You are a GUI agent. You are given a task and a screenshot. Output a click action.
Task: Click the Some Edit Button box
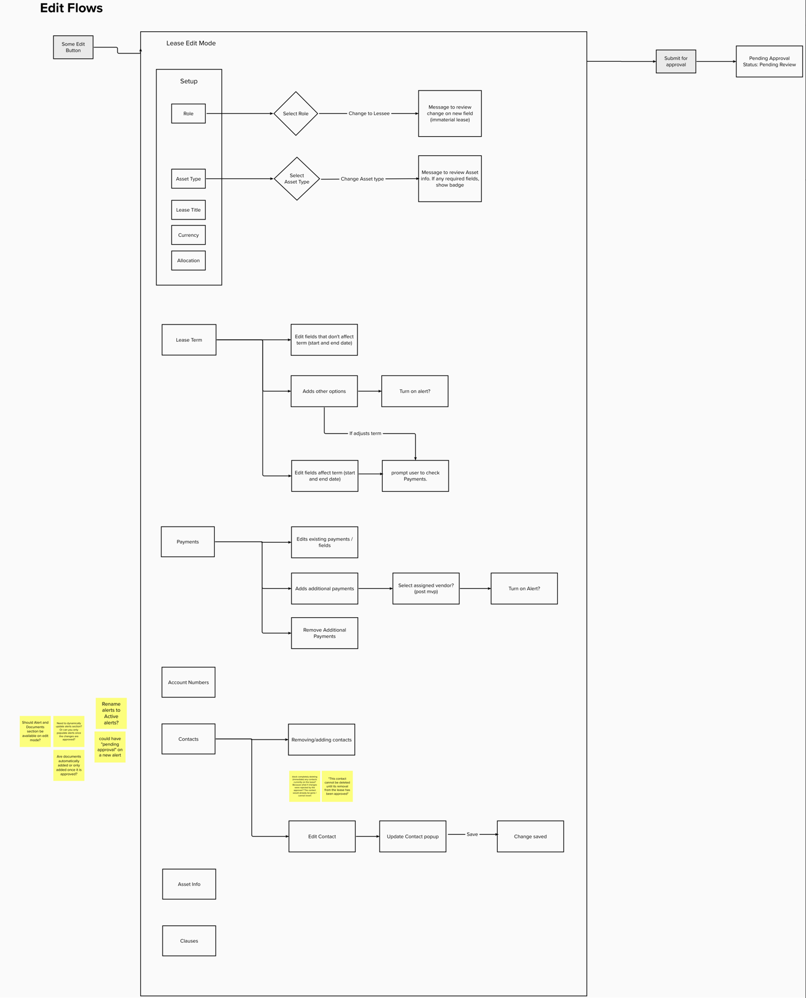click(73, 47)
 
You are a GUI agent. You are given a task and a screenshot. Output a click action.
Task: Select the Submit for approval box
click(676, 62)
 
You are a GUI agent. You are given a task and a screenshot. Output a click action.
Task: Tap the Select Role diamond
click(296, 113)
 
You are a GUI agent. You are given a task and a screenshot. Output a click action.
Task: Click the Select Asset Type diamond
click(297, 179)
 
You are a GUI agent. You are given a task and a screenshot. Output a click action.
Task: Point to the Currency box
click(188, 235)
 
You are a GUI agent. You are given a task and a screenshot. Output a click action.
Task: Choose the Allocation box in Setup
click(188, 260)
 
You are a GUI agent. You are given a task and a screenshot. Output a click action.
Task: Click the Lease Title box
click(188, 210)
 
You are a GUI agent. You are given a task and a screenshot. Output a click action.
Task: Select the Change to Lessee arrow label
click(369, 113)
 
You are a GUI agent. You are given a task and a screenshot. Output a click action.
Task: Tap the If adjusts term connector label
click(365, 433)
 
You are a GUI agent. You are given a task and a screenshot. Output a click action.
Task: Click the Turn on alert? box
click(414, 391)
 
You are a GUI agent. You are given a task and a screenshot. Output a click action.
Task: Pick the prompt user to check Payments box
click(415, 476)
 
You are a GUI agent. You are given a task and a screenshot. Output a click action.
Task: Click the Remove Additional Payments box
click(324, 633)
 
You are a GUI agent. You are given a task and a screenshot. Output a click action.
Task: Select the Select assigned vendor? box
click(426, 588)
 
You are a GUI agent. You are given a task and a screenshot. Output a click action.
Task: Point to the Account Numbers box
click(188, 682)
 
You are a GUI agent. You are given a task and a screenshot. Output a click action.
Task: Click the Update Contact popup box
click(413, 836)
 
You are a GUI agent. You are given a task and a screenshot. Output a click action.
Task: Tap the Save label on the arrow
click(472, 834)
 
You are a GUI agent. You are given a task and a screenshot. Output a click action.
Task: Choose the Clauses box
click(189, 940)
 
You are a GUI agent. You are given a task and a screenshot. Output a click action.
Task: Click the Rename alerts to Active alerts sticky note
click(111, 713)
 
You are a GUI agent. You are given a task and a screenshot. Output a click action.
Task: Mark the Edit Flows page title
click(71, 8)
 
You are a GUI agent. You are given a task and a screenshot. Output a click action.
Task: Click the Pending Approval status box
click(769, 62)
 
